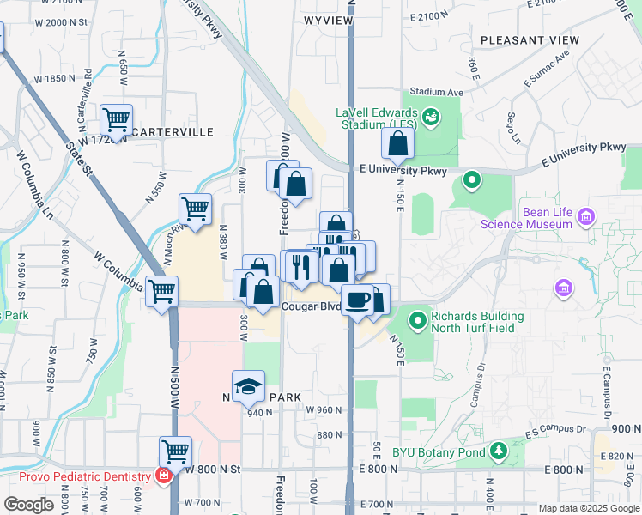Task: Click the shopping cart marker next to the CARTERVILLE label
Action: (x=116, y=119)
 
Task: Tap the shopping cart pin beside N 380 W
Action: (x=196, y=209)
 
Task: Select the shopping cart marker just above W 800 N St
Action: (x=176, y=451)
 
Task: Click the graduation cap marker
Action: (x=249, y=386)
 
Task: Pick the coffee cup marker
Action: (x=358, y=300)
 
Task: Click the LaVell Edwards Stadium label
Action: (x=378, y=118)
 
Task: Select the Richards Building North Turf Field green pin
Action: (x=418, y=321)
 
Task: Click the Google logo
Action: (x=28, y=505)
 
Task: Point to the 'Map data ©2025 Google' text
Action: (x=589, y=508)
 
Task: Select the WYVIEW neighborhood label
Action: (x=329, y=18)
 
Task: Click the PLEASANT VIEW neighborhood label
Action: (x=530, y=40)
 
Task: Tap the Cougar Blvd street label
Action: (x=305, y=306)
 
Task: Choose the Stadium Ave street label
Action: (x=436, y=91)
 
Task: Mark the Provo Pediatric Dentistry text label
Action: (x=77, y=476)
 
